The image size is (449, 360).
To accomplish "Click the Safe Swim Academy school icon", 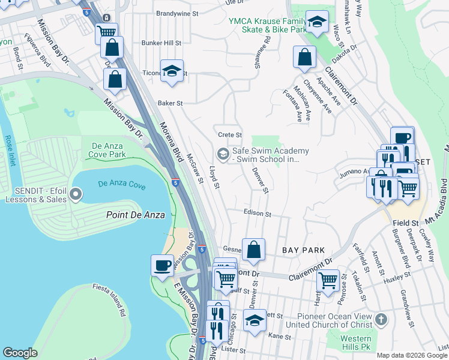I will (x=223, y=155).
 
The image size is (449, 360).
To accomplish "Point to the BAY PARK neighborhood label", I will (x=303, y=250).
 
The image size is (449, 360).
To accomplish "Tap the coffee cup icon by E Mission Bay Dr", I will (x=162, y=266).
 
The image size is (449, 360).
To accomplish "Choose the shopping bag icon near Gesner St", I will (x=254, y=249).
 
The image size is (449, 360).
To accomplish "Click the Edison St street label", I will (x=258, y=213).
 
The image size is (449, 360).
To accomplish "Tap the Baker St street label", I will (x=170, y=103).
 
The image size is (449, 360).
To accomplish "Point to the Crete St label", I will (x=229, y=135).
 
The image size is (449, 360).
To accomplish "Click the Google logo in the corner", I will (x=20, y=353).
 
